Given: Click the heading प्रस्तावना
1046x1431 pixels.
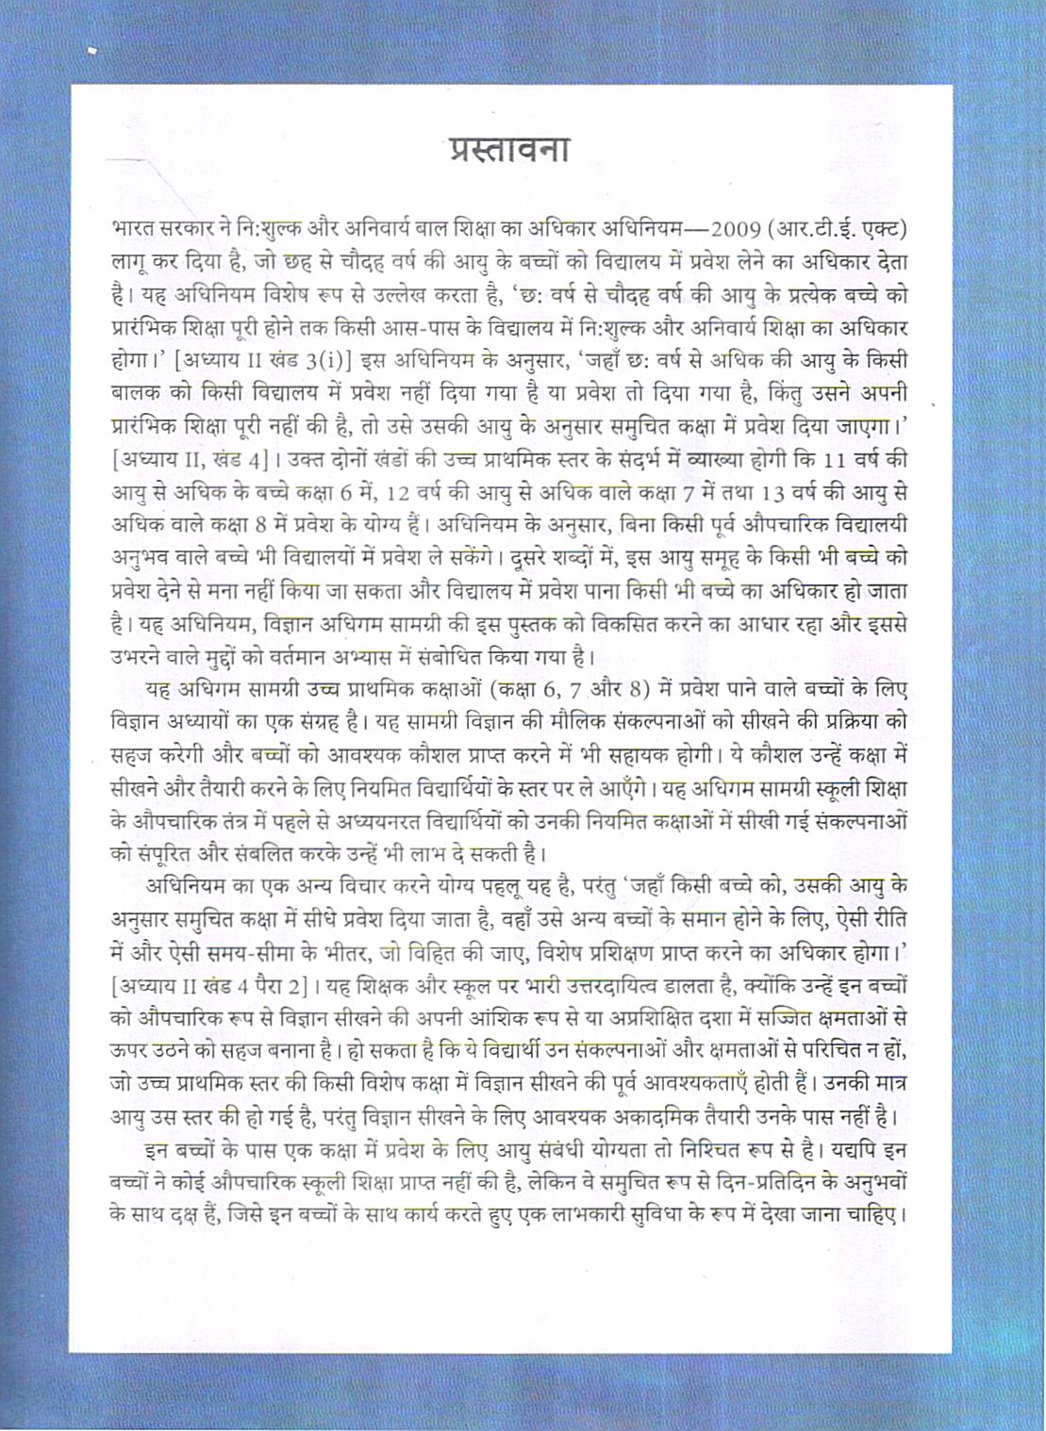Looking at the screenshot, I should pyautogui.click(x=508, y=149).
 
